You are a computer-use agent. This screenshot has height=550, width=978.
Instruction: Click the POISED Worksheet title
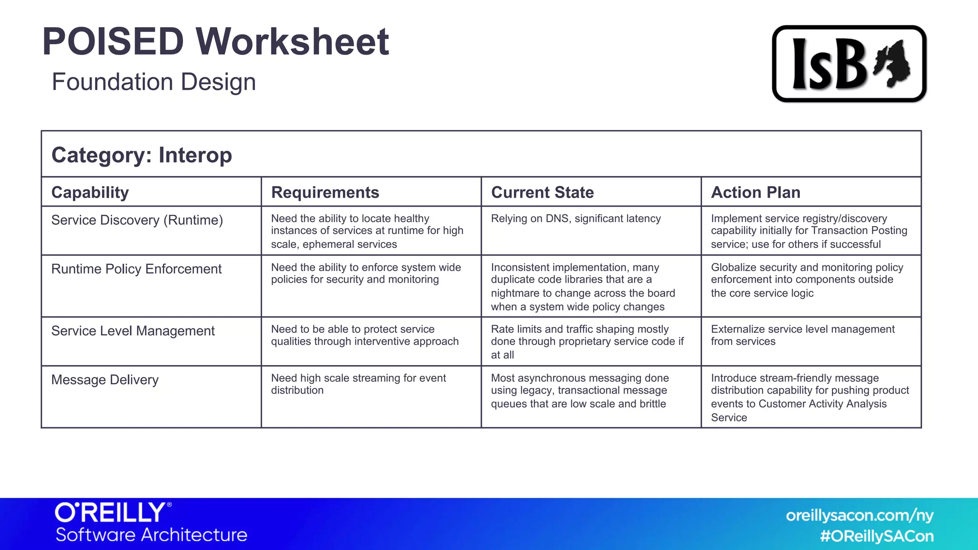(215, 42)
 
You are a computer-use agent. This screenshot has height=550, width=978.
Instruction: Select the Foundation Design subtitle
(154, 82)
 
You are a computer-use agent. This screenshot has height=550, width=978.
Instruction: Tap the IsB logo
(849, 64)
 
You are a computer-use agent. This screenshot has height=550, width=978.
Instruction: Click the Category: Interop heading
(142, 155)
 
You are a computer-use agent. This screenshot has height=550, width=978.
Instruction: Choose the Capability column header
(90, 192)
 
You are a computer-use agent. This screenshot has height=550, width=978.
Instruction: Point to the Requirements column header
(325, 192)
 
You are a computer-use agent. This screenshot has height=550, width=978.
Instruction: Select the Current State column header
(542, 192)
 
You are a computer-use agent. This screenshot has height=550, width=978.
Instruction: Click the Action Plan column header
(755, 192)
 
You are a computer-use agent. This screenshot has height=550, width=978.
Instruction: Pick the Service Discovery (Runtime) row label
(137, 220)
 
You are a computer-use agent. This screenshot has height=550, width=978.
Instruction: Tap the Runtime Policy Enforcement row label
(136, 269)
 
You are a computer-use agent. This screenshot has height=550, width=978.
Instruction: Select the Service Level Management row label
(133, 331)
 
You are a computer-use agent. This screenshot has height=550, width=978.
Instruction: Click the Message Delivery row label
(105, 380)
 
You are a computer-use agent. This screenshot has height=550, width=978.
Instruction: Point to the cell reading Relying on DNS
(575, 219)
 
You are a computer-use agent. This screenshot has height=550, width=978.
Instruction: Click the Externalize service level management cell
(802, 335)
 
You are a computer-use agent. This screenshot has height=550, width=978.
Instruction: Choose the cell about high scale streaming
(358, 384)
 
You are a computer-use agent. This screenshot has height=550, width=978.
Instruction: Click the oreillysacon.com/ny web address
(860, 516)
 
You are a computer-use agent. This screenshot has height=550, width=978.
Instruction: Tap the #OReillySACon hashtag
(877, 536)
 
